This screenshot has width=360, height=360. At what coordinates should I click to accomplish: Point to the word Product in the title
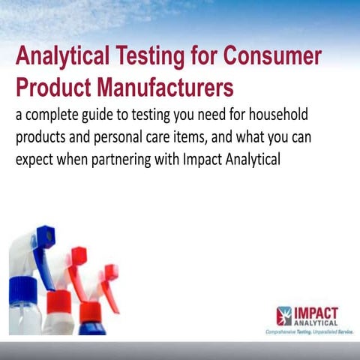click(47, 87)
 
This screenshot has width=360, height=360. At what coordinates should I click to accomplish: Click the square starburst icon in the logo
click(284, 315)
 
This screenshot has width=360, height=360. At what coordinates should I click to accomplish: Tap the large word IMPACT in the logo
click(316, 312)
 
